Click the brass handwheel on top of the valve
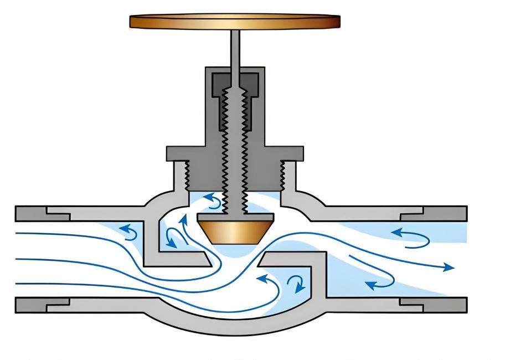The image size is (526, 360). pos(234,22)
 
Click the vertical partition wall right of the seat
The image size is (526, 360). pos(319,280)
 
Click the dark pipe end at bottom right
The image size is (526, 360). pos(437,304)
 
